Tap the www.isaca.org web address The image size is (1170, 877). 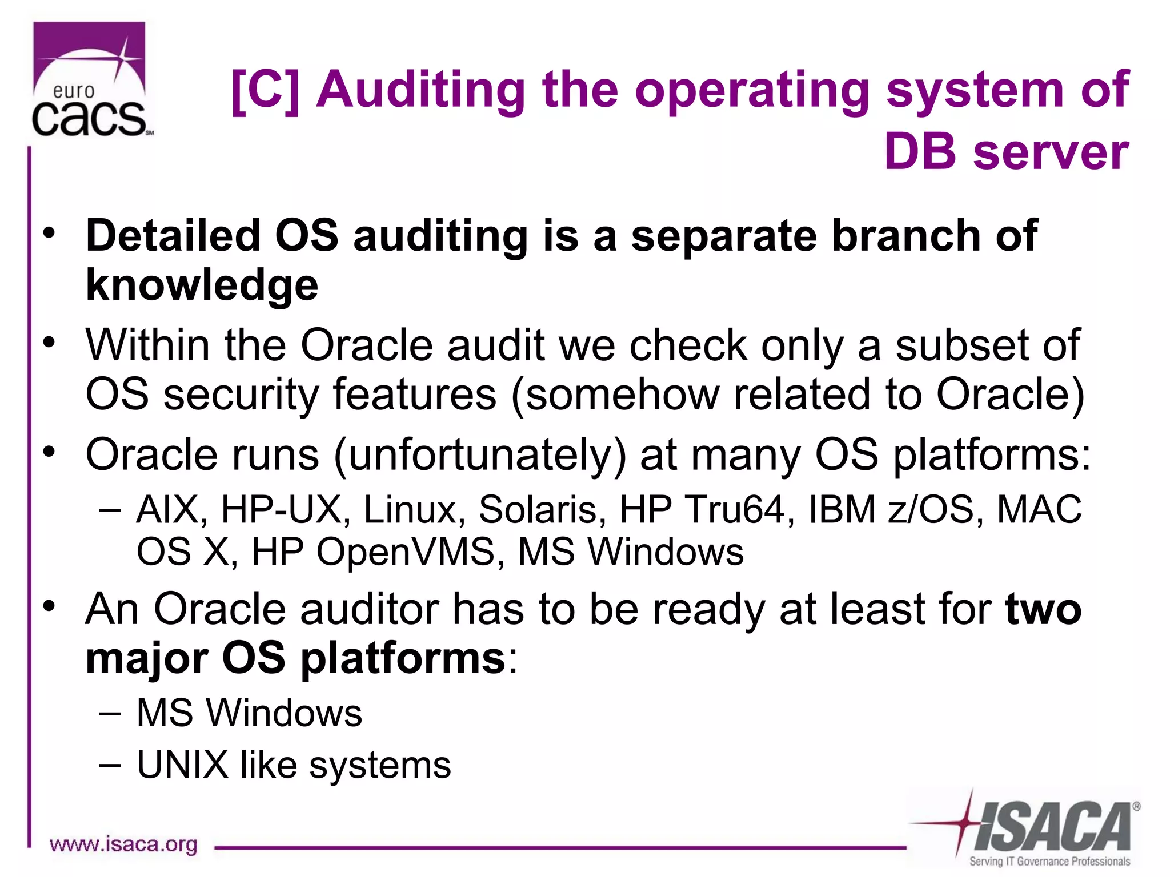(x=123, y=844)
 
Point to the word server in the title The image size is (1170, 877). (x=1051, y=152)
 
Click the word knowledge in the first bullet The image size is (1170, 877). (x=202, y=285)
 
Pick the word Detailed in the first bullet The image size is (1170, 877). (x=173, y=235)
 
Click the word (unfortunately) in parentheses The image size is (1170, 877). (x=479, y=455)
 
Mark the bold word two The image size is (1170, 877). (x=1043, y=609)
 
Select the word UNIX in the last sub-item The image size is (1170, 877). (x=182, y=765)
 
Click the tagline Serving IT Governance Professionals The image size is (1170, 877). (x=1049, y=861)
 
